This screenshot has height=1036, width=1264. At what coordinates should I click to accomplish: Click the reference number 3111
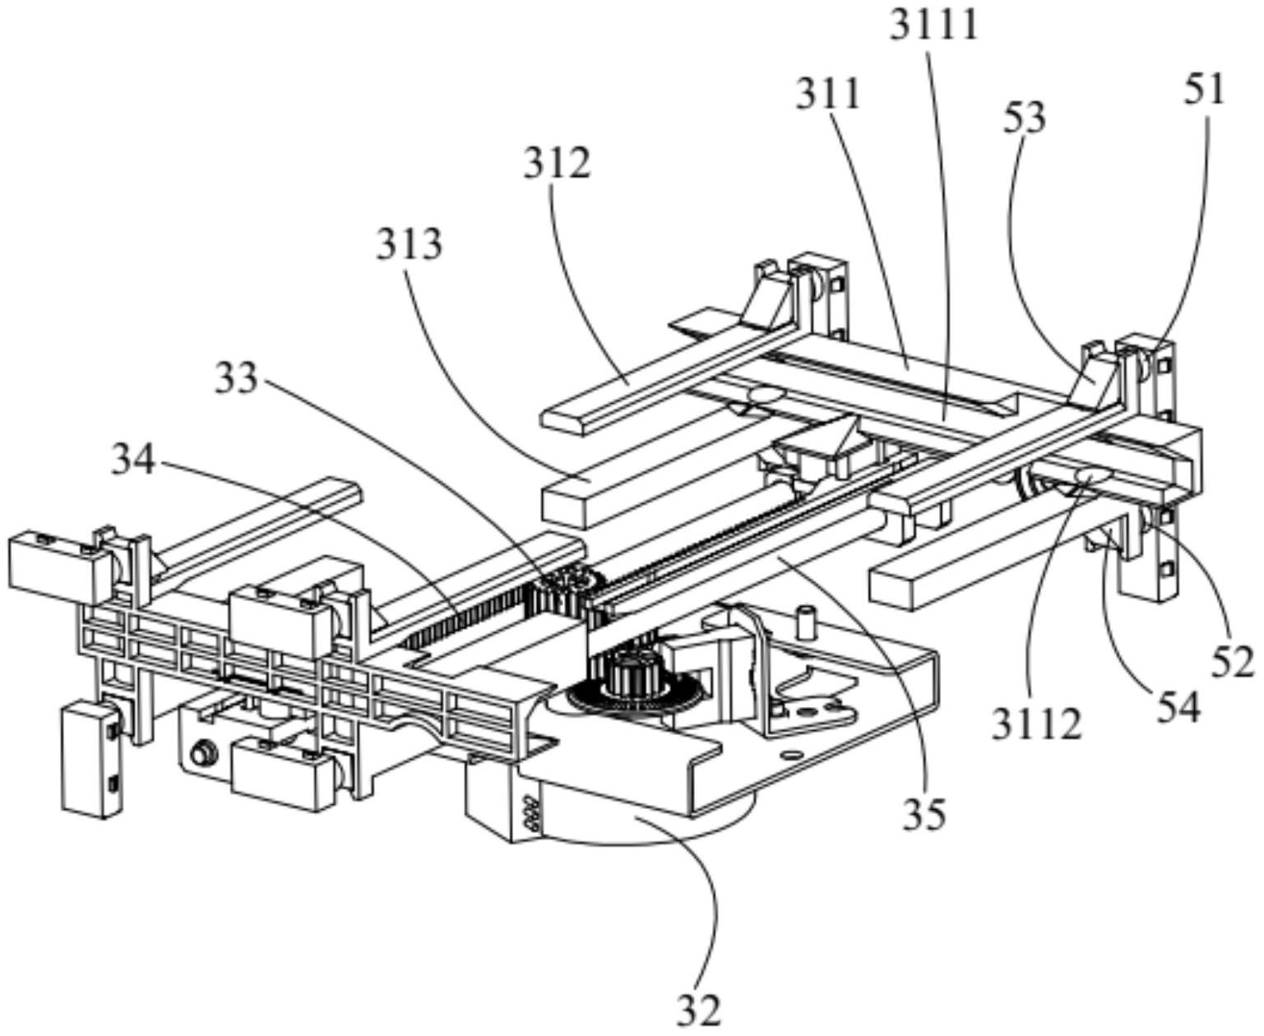click(935, 25)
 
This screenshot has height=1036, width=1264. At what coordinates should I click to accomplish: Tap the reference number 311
click(827, 95)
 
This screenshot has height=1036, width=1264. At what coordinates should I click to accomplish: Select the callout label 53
click(1025, 118)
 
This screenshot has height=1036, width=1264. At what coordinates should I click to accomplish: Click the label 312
click(558, 164)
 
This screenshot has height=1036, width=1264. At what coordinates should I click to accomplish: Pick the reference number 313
click(410, 245)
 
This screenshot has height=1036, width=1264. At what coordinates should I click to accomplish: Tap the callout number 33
click(237, 379)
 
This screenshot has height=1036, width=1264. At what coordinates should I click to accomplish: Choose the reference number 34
click(133, 461)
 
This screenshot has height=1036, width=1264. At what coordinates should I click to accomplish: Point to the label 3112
click(1036, 724)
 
